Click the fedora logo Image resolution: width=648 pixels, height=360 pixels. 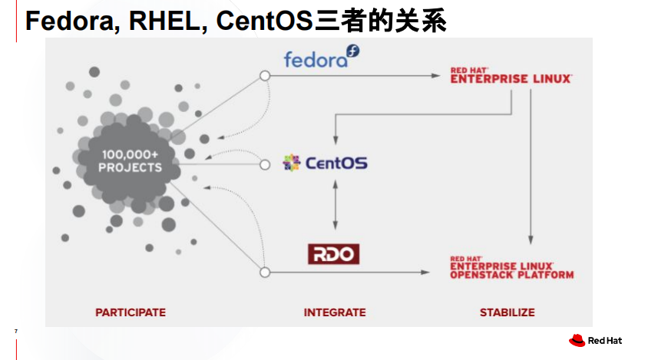pos(321,58)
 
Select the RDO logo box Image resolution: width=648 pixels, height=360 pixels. pos(334,253)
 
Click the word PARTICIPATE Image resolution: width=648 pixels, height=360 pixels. pos(131,312)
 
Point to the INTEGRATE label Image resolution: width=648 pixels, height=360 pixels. pos(335,312)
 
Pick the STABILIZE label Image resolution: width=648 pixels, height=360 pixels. pos(507,312)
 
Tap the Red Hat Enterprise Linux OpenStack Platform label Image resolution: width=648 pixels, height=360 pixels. pos(511,266)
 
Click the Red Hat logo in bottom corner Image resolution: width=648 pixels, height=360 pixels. pos(595,340)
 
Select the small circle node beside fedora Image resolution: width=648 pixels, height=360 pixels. pos(265,76)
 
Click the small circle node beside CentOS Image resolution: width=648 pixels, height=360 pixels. pos(265,163)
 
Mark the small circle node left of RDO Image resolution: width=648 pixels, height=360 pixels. pos(265,272)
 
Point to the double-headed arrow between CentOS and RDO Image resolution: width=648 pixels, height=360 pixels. pos(334,205)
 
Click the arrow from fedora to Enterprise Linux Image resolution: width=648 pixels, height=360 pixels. pos(353,76)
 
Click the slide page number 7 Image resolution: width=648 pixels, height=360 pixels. pos(16,332)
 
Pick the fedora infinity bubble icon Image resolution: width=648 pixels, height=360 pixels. pos(353,51)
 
